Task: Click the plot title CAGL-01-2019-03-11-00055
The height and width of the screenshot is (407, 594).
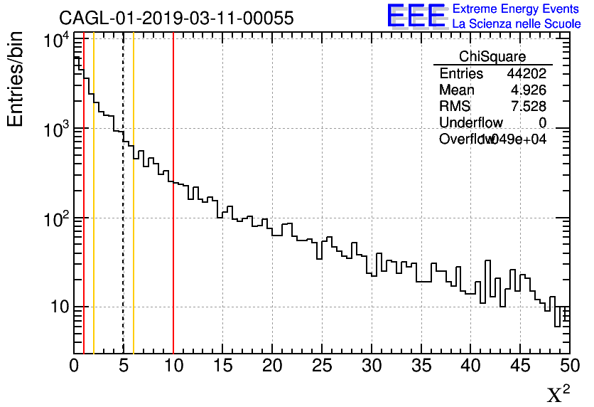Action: point(176,18)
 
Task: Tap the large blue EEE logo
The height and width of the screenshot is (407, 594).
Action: point(416,16)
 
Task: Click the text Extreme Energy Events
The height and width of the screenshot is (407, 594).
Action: point(516,9)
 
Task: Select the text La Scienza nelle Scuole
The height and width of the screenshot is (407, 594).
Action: point(516,24)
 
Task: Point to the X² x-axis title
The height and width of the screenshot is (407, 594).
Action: point(558,393)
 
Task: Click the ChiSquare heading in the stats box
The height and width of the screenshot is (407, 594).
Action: point(492,56)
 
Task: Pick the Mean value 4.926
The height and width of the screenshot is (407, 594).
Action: point(528,90)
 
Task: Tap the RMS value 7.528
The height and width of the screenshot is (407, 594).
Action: point(528,107)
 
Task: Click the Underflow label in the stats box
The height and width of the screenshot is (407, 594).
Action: point(470,123)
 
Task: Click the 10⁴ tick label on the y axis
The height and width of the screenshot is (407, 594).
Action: point(55,40)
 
